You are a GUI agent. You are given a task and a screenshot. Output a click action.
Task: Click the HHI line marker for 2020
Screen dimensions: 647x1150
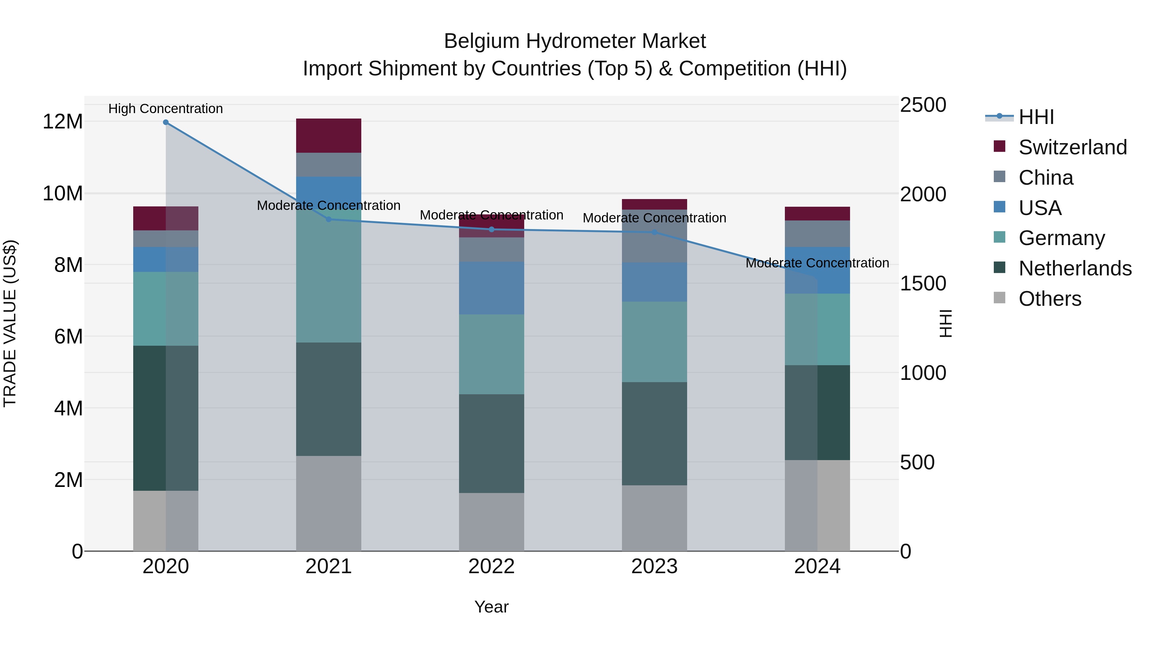coord(165,122)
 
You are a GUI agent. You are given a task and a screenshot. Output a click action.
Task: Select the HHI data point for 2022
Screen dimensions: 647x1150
coord(492,229)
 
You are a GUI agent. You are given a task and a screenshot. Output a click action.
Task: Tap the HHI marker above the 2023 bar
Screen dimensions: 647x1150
coord(655,232)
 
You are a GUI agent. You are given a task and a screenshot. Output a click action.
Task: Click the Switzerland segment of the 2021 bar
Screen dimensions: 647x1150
coord(329,136)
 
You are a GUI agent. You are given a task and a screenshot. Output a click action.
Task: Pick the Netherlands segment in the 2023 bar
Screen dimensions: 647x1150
coord(655,434)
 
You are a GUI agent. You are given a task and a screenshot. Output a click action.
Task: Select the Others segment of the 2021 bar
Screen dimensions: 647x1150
coord(329,503)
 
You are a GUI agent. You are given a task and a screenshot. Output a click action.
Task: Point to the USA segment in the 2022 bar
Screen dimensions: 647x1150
coord(492,288)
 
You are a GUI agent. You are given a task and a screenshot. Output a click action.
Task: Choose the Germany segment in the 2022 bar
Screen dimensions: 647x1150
coord(492,354)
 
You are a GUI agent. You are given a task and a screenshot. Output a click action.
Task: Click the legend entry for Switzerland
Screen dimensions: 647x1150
coord(1072,147)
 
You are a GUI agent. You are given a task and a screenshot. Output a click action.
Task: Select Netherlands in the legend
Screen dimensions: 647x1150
coord(1075,268)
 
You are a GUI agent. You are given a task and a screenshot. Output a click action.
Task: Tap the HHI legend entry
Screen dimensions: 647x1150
coord(1036,117)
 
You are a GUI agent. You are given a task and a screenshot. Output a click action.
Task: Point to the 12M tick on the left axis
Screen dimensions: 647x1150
coord(63,121)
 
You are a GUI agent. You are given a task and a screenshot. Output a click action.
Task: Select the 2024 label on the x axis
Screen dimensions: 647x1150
coord(817,566)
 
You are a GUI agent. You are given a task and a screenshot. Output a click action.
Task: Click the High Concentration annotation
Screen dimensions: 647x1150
coord(165,109)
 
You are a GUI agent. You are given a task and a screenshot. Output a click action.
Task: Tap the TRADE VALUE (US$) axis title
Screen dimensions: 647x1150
coord(10,323)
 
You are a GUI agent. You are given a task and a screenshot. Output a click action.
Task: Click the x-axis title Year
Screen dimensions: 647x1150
coord(492,607)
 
